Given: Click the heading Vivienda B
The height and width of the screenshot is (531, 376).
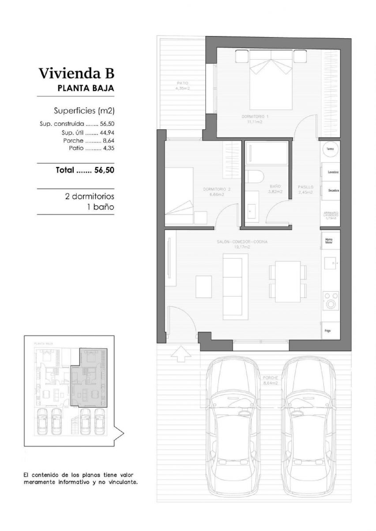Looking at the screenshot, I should pos(76,73).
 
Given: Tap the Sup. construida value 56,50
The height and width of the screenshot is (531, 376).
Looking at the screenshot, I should pos(107,124).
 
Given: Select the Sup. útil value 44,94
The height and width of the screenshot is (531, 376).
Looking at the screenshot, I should pos(107,133).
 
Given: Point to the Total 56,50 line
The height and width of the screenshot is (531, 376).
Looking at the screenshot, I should pos(85,170).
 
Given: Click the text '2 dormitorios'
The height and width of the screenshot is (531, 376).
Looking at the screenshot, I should pos(89,196).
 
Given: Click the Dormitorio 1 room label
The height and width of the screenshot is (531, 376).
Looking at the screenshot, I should pos(255,119).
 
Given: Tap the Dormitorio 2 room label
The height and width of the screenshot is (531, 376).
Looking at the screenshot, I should pos(217,192).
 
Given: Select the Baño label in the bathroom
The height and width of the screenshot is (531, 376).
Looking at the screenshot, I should pos(275,189).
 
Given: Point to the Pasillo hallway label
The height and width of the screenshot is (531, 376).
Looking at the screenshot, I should pos(306,190).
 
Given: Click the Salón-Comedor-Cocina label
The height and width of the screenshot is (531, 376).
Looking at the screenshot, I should pos(242,244).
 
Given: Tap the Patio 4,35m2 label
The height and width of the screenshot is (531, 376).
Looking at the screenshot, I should pos(182,85).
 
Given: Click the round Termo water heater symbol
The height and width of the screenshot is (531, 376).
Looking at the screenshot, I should pos(330,149).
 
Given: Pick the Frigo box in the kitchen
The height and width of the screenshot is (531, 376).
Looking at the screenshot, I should pos(330,330).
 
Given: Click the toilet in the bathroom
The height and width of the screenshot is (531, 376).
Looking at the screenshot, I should pos(254,177).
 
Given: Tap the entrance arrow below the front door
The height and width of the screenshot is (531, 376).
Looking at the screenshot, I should pos(181,354).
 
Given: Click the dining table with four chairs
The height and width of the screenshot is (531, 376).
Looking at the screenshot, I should pos(288,282).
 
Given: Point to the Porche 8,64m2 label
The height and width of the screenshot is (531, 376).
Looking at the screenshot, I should pos(270,380).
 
